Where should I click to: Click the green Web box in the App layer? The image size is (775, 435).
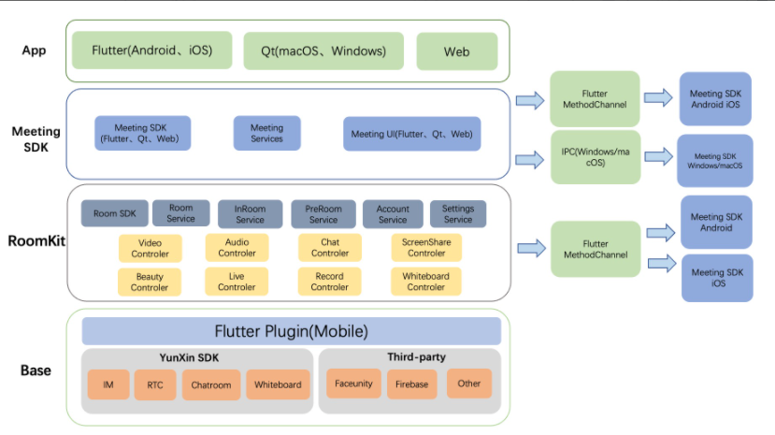pos(456,51)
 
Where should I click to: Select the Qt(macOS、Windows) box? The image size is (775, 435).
pos(323,51)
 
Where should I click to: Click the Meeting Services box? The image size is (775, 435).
pos(266,134)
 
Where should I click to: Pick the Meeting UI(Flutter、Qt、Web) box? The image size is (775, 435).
pos(411,134)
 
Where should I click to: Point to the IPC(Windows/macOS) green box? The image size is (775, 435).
pos(595,157)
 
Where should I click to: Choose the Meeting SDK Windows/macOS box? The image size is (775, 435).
pos(714,161)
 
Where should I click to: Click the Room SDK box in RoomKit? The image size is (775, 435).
pos(114,214)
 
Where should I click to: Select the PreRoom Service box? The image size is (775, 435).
pos(323,214)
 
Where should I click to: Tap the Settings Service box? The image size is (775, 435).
pos(458,214)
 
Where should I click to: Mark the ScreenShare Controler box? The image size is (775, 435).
pos(426,247)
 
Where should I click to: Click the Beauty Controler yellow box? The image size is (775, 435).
pos(150,282)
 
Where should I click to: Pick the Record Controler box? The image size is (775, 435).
pos(329,282)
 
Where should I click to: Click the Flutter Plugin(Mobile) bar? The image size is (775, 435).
pos(291,331)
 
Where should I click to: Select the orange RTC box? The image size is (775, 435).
pos(154,384)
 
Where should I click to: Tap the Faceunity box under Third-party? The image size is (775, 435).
pos(353,384)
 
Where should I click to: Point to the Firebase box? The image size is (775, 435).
pos(411,384)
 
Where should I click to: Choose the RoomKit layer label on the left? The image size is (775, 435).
pos(34,240)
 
